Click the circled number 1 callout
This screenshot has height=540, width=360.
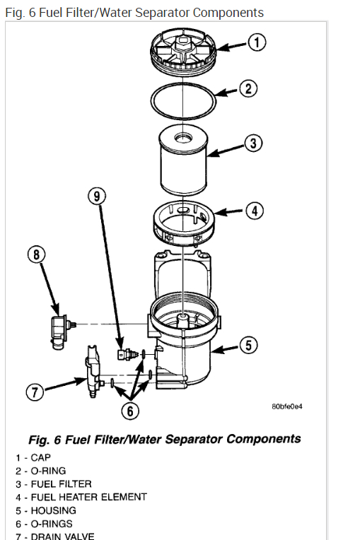[257, 42]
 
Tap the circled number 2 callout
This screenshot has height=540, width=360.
[248, 89]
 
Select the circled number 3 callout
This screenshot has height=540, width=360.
[253, 143]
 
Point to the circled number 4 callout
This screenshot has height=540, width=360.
[255, 211]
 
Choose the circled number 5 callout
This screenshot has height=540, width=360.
[249, 345]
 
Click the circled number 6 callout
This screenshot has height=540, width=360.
[130, 411]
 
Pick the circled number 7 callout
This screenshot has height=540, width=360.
[35, 392]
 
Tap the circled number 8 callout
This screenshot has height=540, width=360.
[36, 254]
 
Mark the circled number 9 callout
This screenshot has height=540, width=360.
[97, 196]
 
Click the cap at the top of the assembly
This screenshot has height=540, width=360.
[183, 50]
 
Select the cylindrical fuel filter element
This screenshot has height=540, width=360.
[183, 160]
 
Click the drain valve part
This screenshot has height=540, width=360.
[93, 372]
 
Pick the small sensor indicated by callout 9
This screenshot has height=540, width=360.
[127, 354]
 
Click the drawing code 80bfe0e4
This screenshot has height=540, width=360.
[287, 406]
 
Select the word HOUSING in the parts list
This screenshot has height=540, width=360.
[53, 510]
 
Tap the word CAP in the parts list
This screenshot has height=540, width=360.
[40, 458]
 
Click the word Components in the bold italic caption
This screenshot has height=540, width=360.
[264, 439]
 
